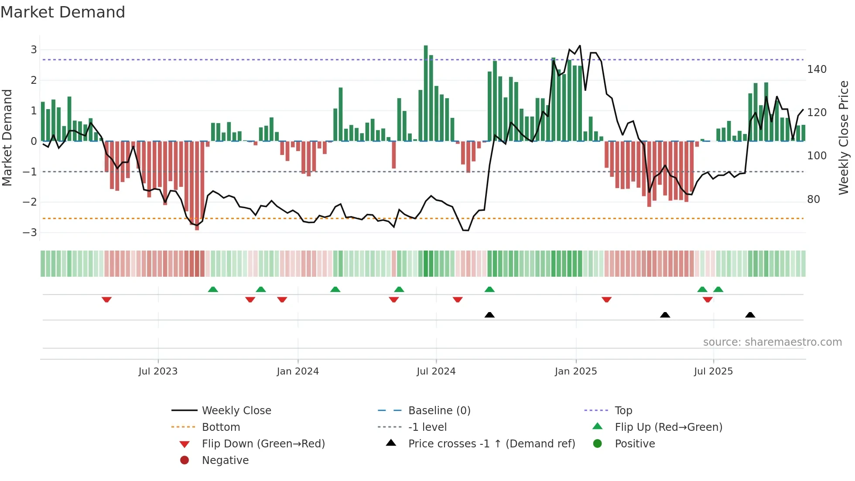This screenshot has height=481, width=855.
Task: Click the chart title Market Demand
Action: (63, 12)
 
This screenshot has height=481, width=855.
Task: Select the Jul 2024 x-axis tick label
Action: (436, 371)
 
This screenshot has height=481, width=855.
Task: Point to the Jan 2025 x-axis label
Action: (575, 371)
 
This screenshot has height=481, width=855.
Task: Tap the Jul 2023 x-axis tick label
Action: (158, 371)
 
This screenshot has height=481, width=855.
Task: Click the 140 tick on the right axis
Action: (817, 69)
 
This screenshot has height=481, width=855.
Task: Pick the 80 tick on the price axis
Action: (814, 199)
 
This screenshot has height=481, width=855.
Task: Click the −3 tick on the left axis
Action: (30, 233)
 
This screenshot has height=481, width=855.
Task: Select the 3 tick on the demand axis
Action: (34, 50)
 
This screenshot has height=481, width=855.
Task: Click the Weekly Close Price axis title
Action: (844, 137)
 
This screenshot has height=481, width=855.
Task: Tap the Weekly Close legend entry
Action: (236, 411)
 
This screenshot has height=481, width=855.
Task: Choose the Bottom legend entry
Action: (221, 427)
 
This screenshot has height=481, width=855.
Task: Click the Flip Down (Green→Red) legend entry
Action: (263, 444)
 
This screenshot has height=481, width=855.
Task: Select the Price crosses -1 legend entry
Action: (491, 444)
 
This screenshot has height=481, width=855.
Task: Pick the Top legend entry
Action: (623, 411)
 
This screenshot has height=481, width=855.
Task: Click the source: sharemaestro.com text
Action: (772, 342)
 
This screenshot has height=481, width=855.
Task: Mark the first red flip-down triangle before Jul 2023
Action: (106, 299)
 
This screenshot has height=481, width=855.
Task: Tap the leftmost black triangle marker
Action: (489, 315)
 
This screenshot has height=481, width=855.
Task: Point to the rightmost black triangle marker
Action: (750, 315)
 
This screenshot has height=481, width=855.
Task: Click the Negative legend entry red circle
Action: (185, 460)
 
